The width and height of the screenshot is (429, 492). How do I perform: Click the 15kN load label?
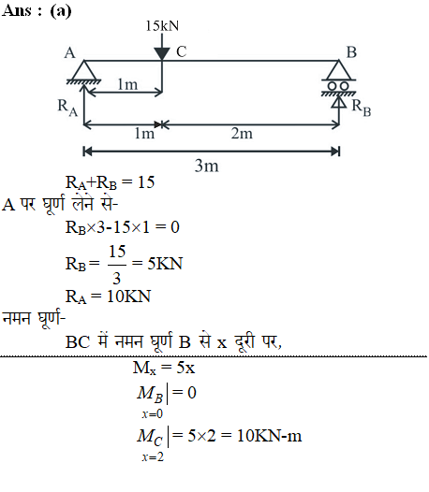[162, 26]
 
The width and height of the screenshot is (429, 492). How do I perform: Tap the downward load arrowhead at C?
[162, 53]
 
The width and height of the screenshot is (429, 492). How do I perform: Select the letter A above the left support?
[69, 52]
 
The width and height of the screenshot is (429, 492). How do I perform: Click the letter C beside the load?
[182, 51]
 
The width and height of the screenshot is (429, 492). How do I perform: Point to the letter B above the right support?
[351, 52]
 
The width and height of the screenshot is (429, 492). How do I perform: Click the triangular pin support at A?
[84, 70]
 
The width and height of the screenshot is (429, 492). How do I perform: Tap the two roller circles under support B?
[338, 86]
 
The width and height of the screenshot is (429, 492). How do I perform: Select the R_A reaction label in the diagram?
[67, 108]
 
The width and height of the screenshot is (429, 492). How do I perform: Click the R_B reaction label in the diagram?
[362, 108]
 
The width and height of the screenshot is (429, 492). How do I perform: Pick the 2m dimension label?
[242, 134]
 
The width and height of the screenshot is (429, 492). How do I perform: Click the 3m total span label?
[206, 166]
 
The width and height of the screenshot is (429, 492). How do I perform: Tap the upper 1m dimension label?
[127, 84]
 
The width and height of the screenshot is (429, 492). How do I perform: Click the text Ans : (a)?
[37, 11]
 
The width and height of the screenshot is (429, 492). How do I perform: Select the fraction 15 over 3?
[117, 265]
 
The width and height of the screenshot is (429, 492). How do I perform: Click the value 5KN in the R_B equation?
[165, 263]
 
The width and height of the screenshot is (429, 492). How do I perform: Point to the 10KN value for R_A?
[129, 297]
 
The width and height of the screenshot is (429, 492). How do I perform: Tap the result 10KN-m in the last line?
[270, 436]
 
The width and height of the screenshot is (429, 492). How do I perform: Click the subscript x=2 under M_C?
[153, 456]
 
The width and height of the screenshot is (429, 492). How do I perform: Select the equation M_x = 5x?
[164, 368]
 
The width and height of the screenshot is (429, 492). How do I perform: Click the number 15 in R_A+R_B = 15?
[146, 182]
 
